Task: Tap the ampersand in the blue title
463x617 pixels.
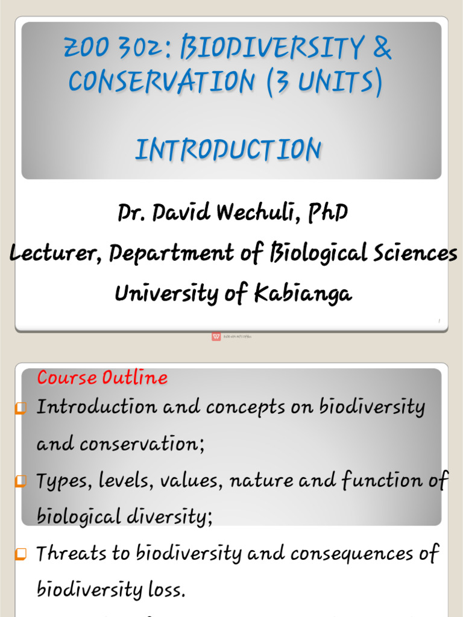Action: coord(382,48)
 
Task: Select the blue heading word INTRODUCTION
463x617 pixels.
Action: coord(228,149)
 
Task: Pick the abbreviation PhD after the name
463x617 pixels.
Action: coord(328,212)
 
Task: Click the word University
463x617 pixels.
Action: coord(160,293)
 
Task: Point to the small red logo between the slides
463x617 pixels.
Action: coord(216,336)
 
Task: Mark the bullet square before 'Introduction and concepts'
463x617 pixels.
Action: coord(21,409)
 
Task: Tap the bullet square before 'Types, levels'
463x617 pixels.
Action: coord(21,482)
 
